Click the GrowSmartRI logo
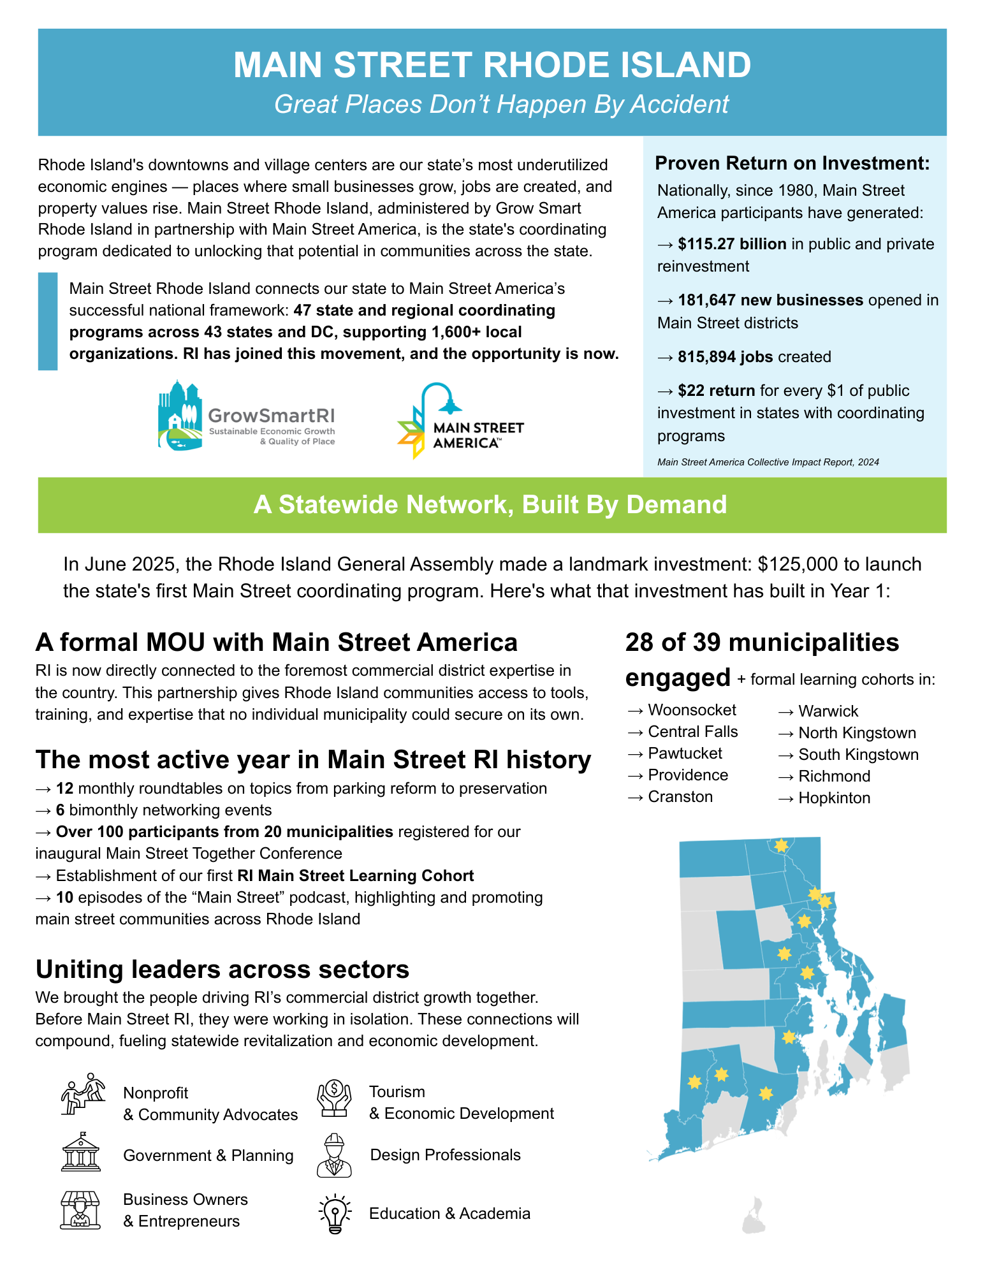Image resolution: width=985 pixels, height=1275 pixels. pyautogui.click(x=247, y=416)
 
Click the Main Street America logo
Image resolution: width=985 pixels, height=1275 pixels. pyautogui.click(x=460, y=421)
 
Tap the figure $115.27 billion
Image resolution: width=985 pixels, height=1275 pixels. pyautogui.click(x=732, y=244)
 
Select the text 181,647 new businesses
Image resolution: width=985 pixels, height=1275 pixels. pyautogui.click(x=770, y=300)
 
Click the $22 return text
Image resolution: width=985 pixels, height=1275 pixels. pyautogui.click(x=716, y=391)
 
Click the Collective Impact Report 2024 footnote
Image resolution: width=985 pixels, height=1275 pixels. pyautogui.click(x=768, y=462)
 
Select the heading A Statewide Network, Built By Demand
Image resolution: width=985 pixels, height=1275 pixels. pyautogui.click(x=490, y=505)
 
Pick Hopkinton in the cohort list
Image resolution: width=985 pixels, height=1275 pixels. pyautogui.click(x=834, y=798)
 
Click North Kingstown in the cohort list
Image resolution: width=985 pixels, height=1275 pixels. pyautogui.click(x=857, y=733)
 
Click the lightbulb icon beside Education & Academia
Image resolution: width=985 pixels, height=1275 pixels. pyautogui.click(x=335, y=1214)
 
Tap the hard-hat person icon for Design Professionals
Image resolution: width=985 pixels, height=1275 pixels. pyautogui.click(x=334, y=1155)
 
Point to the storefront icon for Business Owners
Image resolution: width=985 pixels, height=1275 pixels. pyautogui.click(x=80, y=1210)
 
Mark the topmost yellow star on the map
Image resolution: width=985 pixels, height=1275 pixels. pyautogui.click(x=781, y=846)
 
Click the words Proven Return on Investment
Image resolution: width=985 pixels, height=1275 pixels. pyautogui.click(x=792, y=163)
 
